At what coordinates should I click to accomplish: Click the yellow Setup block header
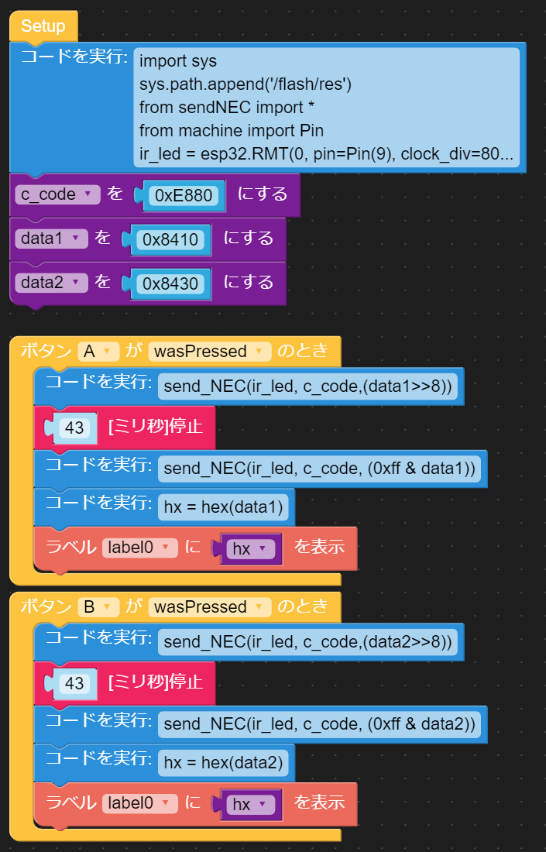(x=43, y=26)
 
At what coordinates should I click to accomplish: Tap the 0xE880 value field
(x=184, y=196)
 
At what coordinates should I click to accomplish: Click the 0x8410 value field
(x=170, y=240)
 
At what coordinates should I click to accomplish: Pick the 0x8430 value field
(x=170, y=283)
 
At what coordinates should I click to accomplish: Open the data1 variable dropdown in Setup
(x=51, y=239)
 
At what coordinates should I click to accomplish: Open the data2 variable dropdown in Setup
(x=51, y=283)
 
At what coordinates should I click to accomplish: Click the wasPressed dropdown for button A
(x=209, y=352)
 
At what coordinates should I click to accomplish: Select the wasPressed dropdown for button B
(x=209, y=607)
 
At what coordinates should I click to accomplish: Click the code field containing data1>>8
(x=307, y=386)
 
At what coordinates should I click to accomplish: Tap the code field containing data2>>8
(x=307, y=641)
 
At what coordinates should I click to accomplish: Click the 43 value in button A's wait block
(x=74, y=428)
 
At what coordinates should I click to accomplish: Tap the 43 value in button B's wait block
(x=74, y=683)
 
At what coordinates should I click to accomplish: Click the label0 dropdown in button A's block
(x=140, y=548)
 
